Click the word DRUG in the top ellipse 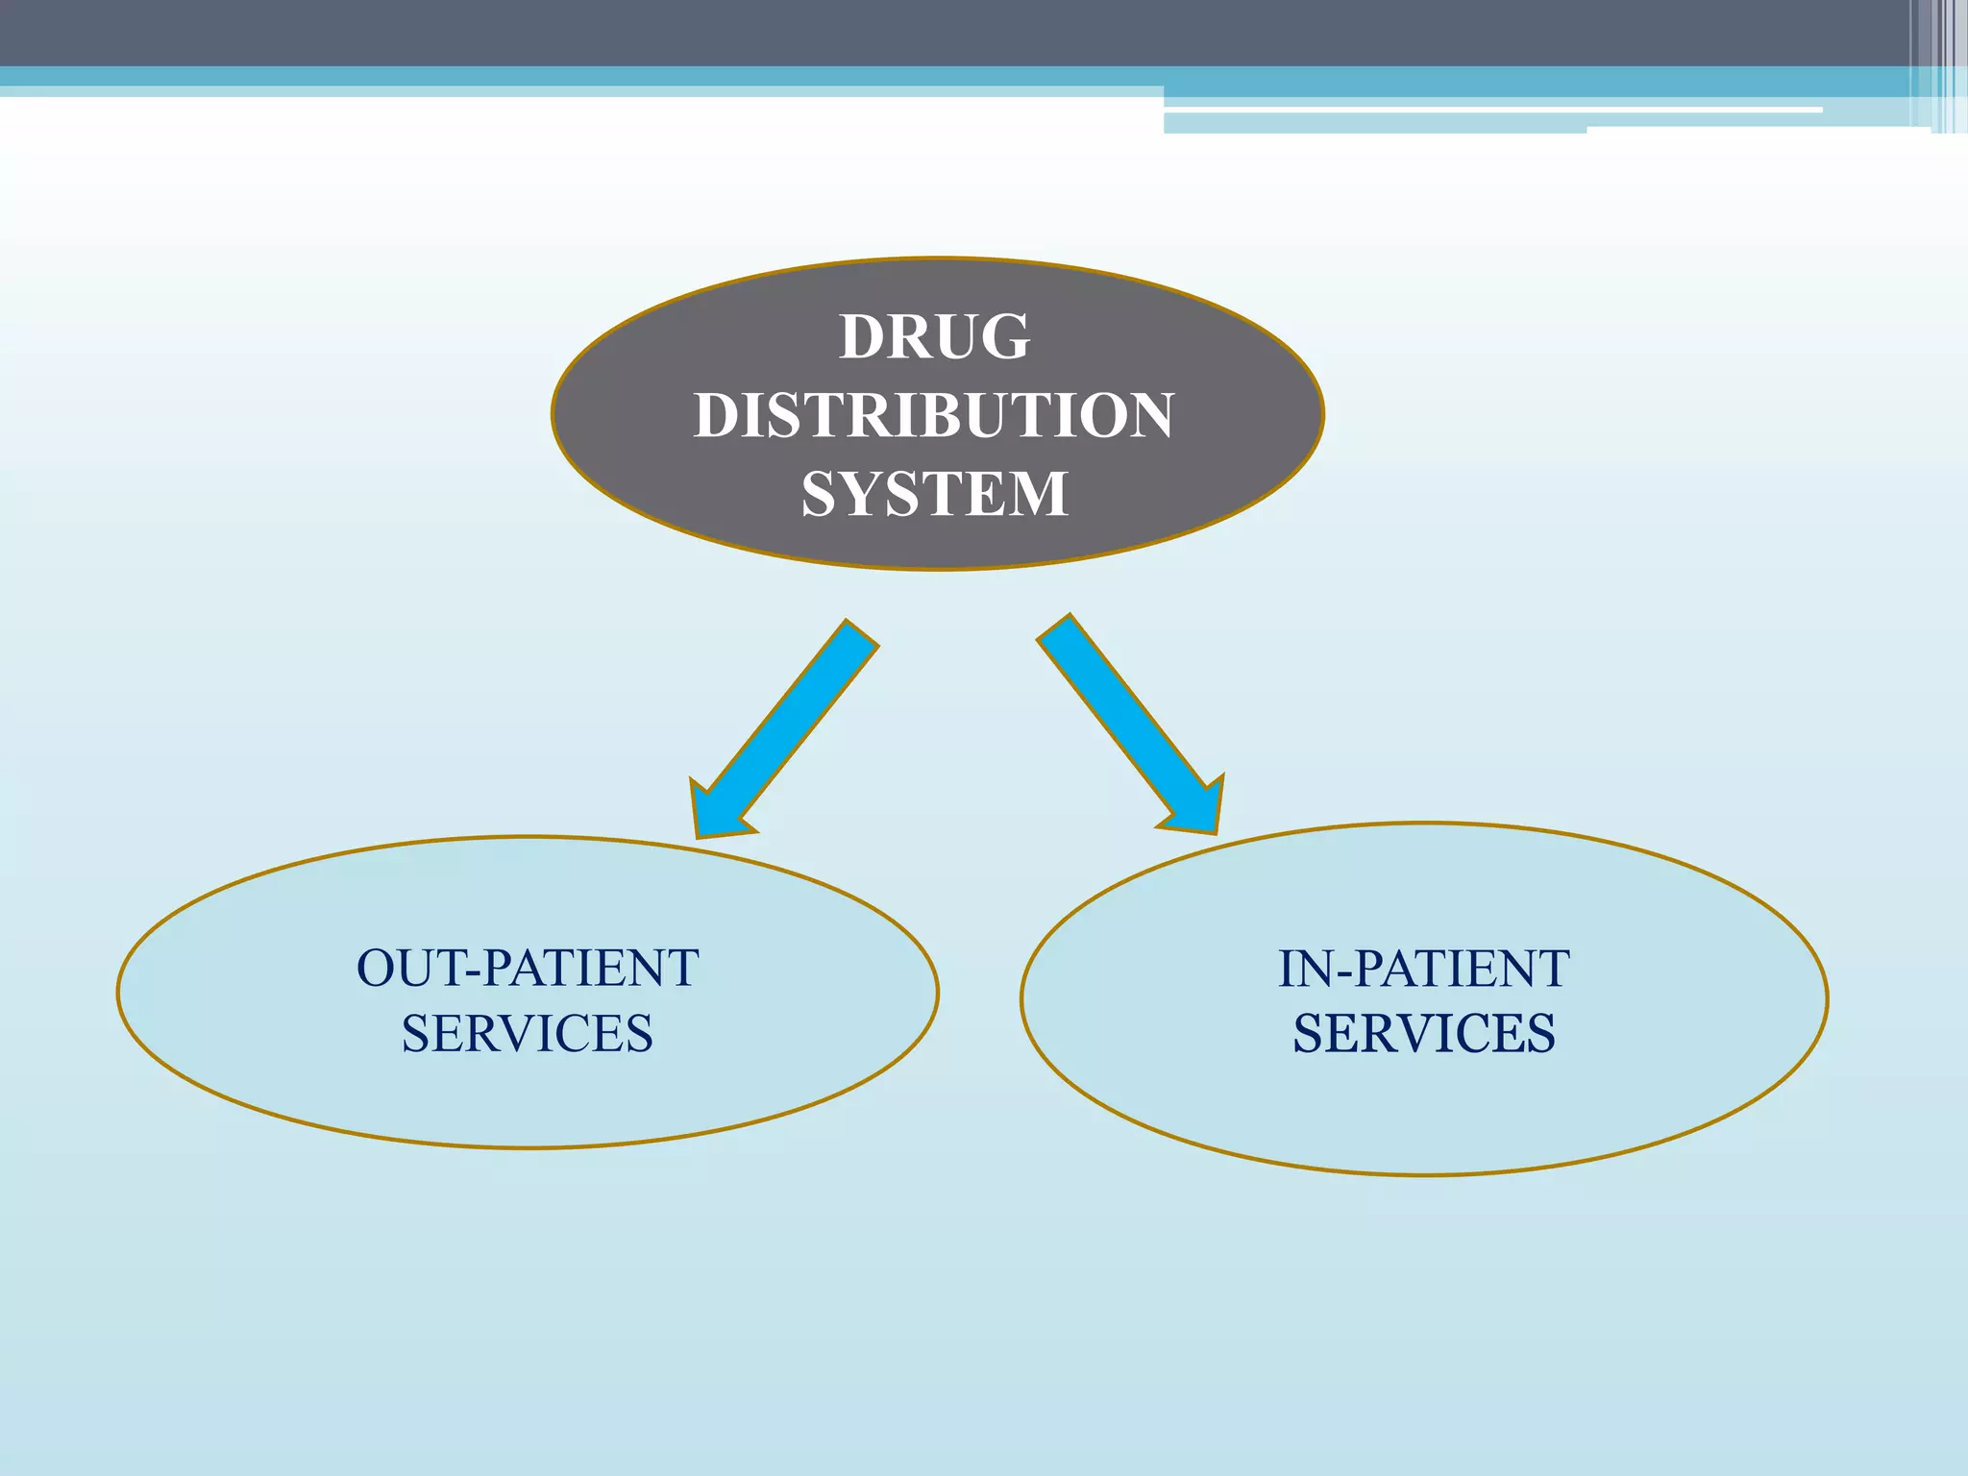click(x=934, y=337)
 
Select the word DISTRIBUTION click(x=934, y=415)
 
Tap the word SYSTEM click(x=934, y=494)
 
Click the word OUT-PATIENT click(x=528, y=969)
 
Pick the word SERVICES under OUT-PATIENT click(x=528, y=1034)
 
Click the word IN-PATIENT click(x=1423, y=969)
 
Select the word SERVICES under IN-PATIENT click(x=1423, y=1034)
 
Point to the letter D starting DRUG click(x=863, y=337)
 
